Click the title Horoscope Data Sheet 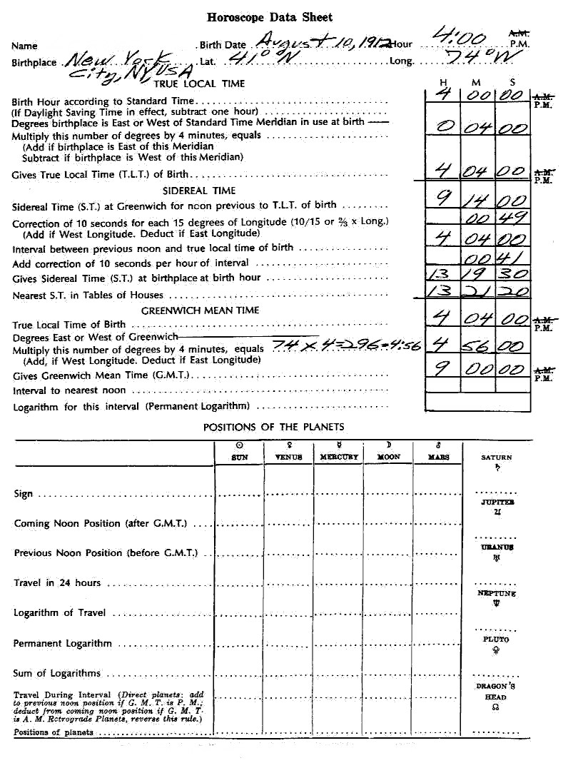[x=270, y=17]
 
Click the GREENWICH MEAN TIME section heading [x=200, y=310]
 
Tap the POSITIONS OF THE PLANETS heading [x=273, y=427]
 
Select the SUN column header [x=240, y=457]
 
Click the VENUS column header [x=288, y=457]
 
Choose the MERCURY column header [x=338, y=457]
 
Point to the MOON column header [x=388, y=457]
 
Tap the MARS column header [x=438, y=457]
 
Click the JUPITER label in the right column [x=497, y=502]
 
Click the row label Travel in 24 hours [x=58, y=582]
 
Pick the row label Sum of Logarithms [x=57, y=673]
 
